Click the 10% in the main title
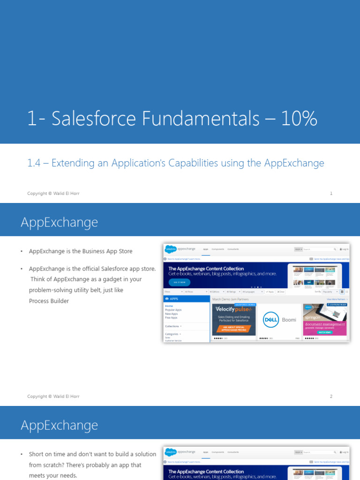coord(299,119)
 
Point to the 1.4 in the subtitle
coord(34,163)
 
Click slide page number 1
coord(331,193)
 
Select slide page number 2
coord(331,396)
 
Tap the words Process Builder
coord(49,301)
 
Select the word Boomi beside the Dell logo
coord(289,320)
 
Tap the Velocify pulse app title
coord(233,309)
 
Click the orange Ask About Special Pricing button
coord(233,329)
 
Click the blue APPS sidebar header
coord(186,299)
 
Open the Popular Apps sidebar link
coord(173,310)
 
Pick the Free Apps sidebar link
coord(171,317)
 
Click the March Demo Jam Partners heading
coord(231,299)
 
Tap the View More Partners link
coord(336,299)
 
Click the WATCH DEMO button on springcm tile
coord(325,332)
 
